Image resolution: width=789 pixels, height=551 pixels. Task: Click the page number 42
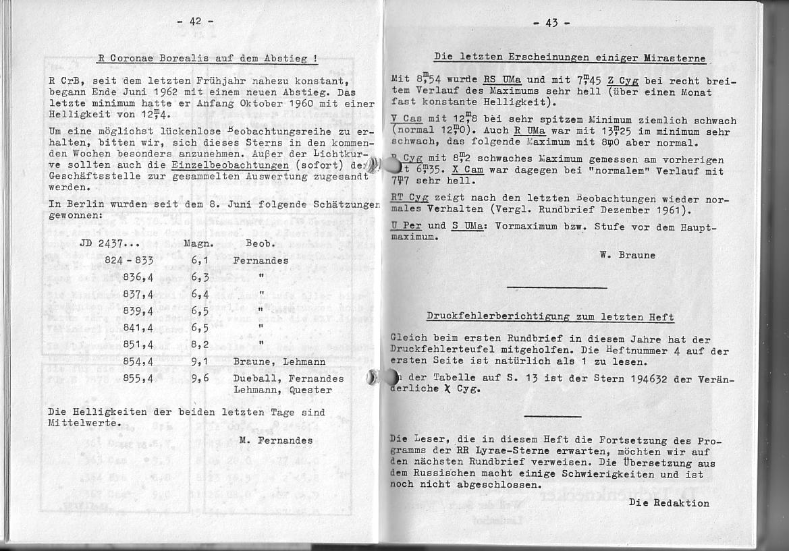[x=195, y=21]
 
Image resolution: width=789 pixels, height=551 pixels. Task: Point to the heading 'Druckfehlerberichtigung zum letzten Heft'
[x=550, y=316]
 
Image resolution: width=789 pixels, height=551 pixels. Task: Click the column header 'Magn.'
[x=198, y=243]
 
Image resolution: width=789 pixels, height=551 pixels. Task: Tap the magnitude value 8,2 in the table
[x=198, y=345]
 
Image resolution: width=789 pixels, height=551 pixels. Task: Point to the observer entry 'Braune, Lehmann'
[x=279, y=361]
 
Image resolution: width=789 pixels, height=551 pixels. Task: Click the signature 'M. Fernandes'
[x=276, y=440]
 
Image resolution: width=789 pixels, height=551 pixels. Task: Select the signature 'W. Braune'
[x=627, y=255]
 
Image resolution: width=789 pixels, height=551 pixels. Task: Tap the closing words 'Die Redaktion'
[x=669, y=502]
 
